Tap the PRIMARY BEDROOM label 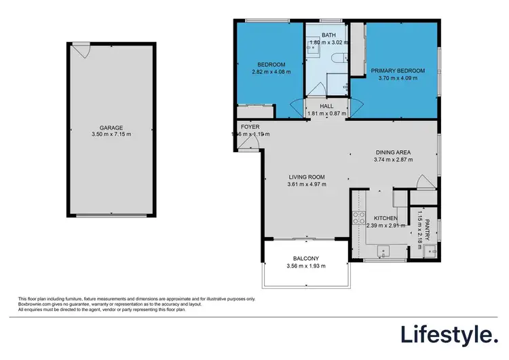pyautogui.click(x=397, y=71)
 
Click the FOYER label pyautogui.click(x=250, y=127)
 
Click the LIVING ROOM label pyautogui.click(x=307, y=177)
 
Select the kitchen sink pyautogui.click(x=383, y=252)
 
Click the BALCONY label pyautogui.click(x=307, y=258)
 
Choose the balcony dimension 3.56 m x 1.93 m pyautogui.click(x=307, y=266)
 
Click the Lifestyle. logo pyautogui.click(x=448, y=334)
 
